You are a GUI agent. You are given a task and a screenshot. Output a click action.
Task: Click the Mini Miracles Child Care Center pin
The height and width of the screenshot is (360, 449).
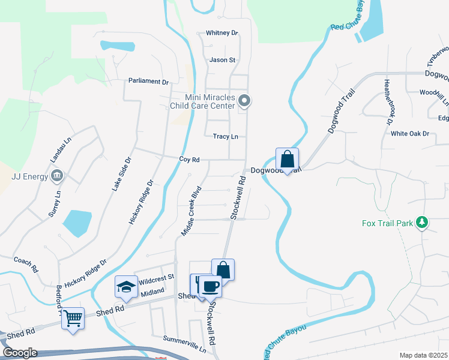point(243,100)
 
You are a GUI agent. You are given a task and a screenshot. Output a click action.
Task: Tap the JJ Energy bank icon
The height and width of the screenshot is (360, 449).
point(57,176)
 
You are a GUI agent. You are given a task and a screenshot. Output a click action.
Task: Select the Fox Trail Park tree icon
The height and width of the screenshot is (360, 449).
point(422,223)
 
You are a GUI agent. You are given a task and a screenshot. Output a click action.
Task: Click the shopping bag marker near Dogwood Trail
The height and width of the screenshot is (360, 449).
point(287,160)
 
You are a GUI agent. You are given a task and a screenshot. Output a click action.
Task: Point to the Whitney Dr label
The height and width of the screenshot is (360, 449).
point(221,33)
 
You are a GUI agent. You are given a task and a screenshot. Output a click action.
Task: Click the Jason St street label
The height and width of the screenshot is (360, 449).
point(222,60)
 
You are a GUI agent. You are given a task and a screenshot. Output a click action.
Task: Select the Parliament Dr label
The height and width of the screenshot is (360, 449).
point(149,81)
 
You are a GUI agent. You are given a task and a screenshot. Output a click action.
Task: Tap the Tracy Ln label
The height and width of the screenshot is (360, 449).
point(225,137)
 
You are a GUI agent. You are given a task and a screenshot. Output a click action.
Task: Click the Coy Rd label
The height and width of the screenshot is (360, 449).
point(189,160)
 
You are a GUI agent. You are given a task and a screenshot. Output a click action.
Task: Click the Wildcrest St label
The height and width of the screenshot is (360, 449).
point(155,277)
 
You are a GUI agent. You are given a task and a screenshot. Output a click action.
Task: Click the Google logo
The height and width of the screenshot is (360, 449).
point(20,353)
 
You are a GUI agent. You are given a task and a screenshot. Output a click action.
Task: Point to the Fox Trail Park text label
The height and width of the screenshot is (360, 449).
point(388,224)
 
